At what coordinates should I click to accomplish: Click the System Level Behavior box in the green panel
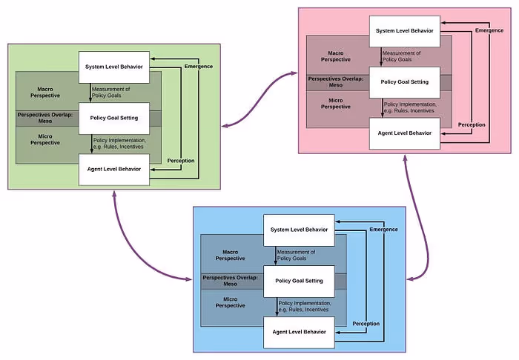(x=114, y=67)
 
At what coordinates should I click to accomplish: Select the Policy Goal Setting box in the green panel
(x=114, y=119)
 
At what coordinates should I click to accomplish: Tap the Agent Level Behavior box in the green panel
(x=114, y=170)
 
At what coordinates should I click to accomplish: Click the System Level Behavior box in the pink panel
(x=405, y=30)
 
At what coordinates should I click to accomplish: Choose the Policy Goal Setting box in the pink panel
(x=405, y=81)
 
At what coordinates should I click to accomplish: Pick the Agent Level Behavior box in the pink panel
(x=405, y=133)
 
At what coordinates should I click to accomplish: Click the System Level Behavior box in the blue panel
(x=300, y=230)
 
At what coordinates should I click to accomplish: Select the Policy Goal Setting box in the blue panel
(x=300, y=281)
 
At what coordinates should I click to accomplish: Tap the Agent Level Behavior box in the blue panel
(x=300, y=332)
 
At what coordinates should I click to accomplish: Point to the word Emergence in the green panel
(x=198, y=67)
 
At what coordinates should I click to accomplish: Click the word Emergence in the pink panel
(x=489, y=30)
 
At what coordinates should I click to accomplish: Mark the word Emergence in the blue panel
(x=383, y=230)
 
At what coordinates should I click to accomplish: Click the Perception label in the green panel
(x=181, y=161)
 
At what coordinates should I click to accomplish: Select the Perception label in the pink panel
(x=472, y=124)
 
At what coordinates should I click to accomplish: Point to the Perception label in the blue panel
(x=366, y=324)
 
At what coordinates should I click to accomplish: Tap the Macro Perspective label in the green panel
(x=49, y=93)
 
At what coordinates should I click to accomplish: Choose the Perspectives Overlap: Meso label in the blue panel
(x=231, y=281)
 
